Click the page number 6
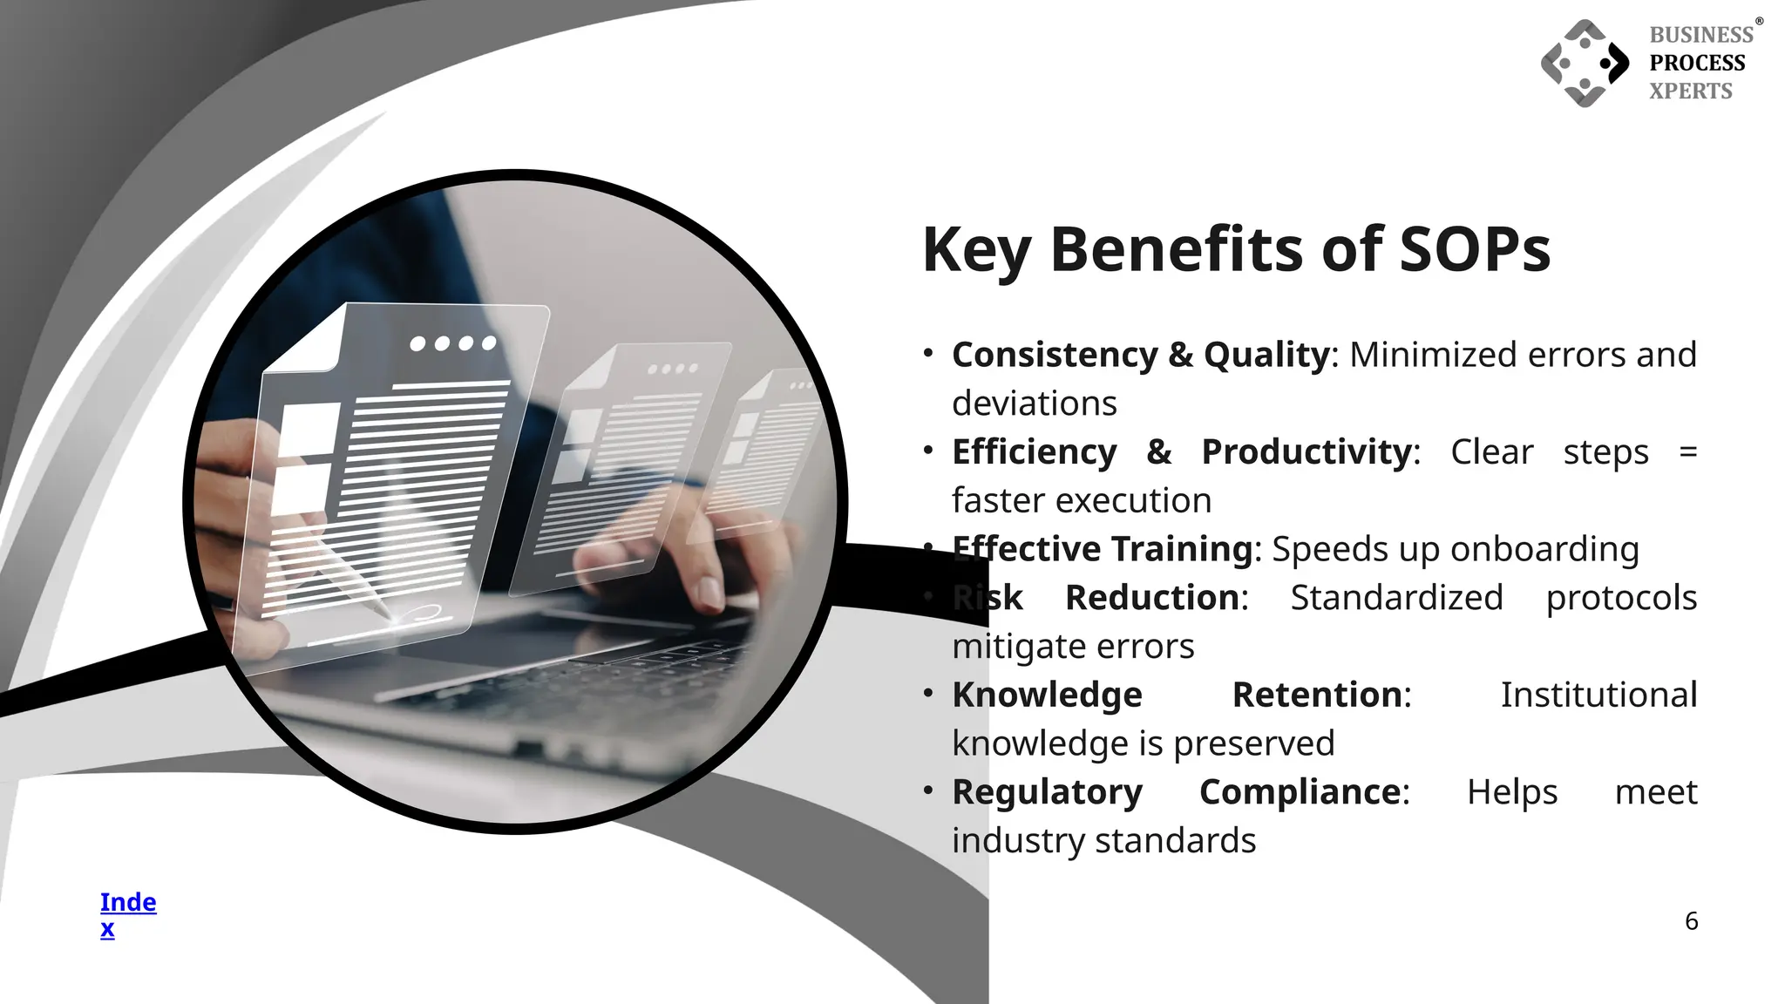pyautogui.click(x=1691, y=921)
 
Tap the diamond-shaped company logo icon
pyautogui.click(x=1585, y=64)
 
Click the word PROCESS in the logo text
pyautogui.click(x=1697, y=63)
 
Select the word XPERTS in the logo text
pyautogui.click(x=1690, y=91)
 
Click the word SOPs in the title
pyautogui.click(x=1475, y=249)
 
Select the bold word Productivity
pyautogui.click(x=1307, y=451)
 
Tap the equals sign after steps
pyautogui.click(x=1687, y=452)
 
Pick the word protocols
pyautogui.click(x=1621, y=598)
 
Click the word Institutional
pyautogui.click(x=1598, y=695)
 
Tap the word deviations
pyautogui.click(x=1034, y=404)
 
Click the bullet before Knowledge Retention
pyautogui.click(x=928, y=694)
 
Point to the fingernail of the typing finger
pyautogui.click(x=710, y=594)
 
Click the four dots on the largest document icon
pyautogui.click(x=453, y=343)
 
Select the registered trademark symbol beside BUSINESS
pyautogui.click(x=1759, y=22)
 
